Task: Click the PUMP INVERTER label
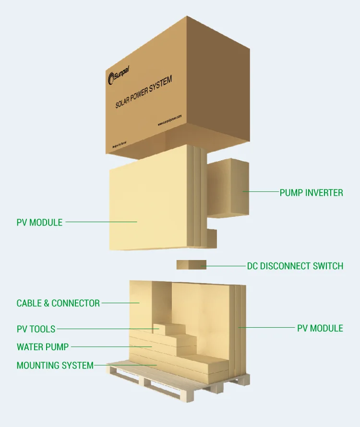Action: (311, 193)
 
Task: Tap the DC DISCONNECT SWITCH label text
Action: (295, 266)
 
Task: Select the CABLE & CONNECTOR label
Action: (58, 303)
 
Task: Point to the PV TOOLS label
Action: (36, 329)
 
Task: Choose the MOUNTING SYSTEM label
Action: (55, 366)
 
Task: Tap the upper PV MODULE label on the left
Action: (39, 223)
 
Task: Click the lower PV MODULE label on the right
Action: (320, 329)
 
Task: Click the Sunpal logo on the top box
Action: (119, 74)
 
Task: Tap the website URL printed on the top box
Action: (169, 120)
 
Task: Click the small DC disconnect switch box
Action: (191, 265)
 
